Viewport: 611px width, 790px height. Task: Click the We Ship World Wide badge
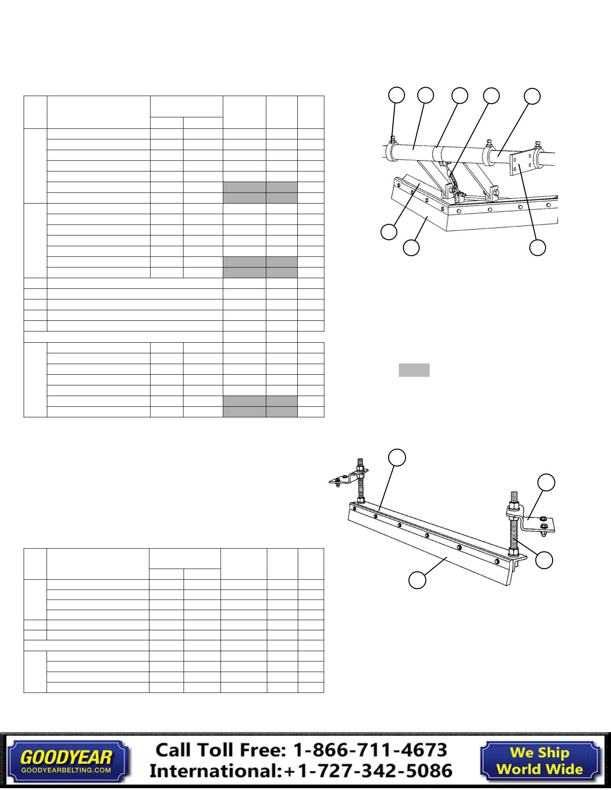tap(539, 760)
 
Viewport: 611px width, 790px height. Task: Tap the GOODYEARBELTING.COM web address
tap(66, 770)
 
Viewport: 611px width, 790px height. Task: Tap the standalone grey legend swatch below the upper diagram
tap(414, 370)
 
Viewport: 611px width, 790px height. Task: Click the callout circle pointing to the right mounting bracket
tap(546, 482)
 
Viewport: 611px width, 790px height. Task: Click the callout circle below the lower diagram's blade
tap(417, 580)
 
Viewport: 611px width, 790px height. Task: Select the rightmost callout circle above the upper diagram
tap(532, 96)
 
